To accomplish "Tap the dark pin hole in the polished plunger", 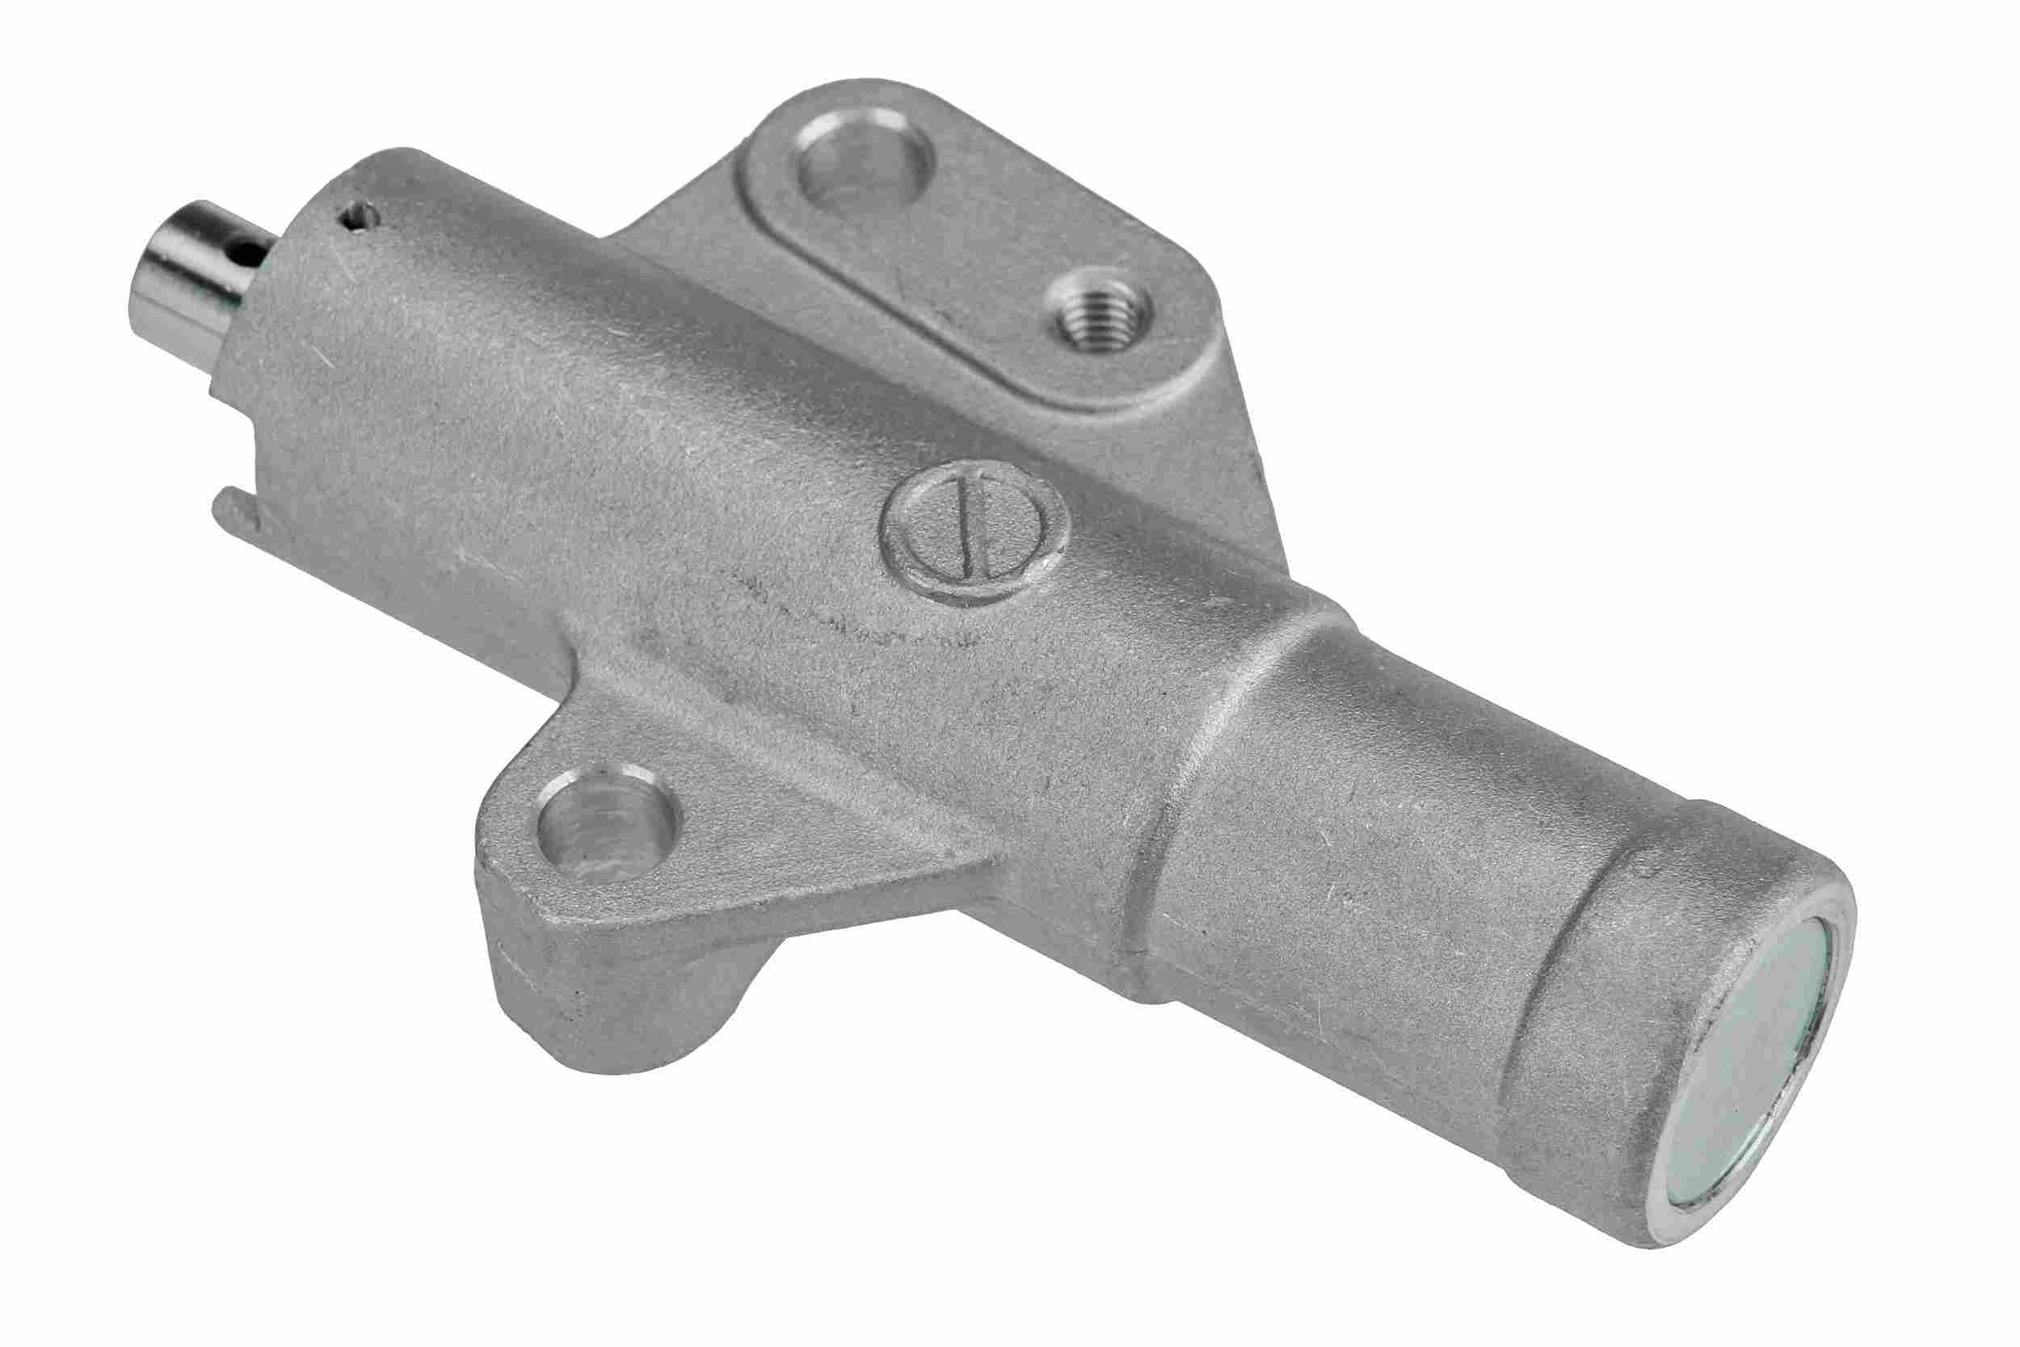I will (249, 251).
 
